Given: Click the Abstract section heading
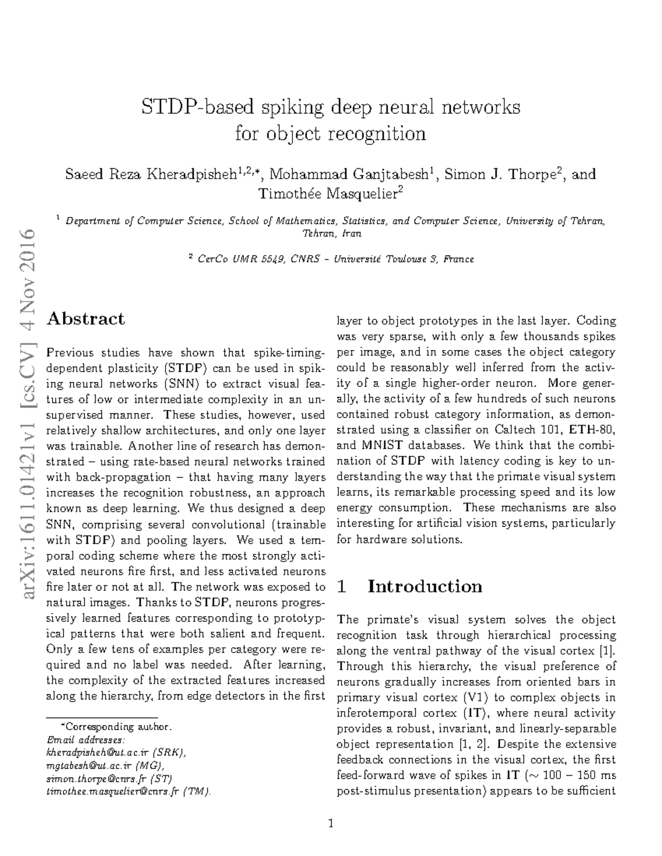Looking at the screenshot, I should (86, 319).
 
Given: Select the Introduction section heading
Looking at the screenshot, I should (425, 586).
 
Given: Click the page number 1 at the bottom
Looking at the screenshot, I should (331, 824).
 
